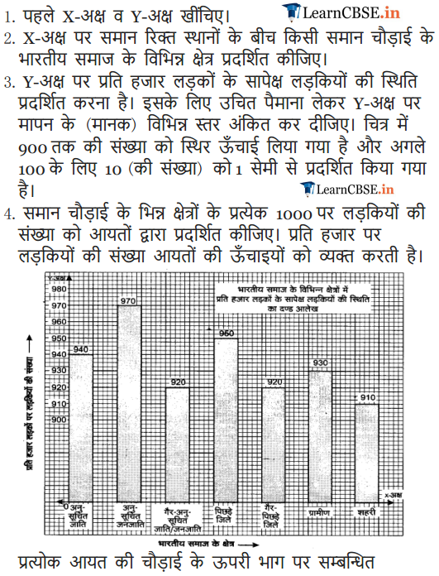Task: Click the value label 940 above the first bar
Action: click(80, 349)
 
